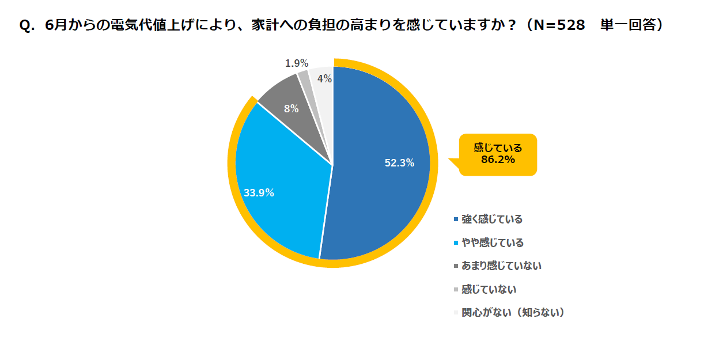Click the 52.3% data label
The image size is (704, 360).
399,163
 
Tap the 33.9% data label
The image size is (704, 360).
259,193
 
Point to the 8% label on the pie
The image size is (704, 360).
291,108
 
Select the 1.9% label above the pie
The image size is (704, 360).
297,63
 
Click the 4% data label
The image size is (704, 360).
324,79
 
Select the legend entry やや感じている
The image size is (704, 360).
492,242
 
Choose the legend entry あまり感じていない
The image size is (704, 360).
501,266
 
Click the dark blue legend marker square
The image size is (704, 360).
456,219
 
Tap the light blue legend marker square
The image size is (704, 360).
456,243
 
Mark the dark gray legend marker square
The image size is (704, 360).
456,266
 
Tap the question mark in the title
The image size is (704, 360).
509,26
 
